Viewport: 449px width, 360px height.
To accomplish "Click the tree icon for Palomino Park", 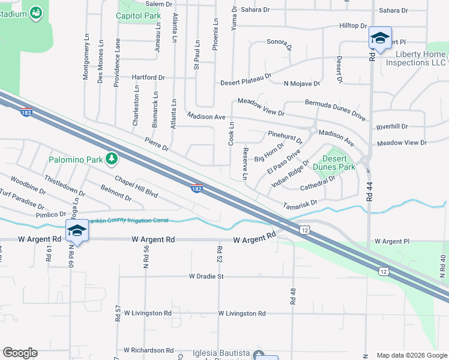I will [111, 158].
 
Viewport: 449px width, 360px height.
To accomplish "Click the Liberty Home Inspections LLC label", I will [416, 58].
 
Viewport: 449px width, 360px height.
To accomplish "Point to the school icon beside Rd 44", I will [379, 38].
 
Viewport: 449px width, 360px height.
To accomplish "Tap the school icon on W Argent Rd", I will [77, 231].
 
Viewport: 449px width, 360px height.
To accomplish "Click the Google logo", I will [20, 353].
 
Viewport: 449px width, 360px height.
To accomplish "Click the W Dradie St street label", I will [206, 277].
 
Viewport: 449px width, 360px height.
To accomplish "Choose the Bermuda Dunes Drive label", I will [335, 107].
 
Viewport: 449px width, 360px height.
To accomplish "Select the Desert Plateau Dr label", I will [246, 83].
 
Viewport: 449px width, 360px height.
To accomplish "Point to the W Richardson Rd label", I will [148, 350].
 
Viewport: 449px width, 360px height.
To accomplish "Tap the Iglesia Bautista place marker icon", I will [258, 355].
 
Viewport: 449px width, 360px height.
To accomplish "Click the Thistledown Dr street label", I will [64, 185].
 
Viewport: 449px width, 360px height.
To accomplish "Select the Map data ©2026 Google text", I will [411, 355].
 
